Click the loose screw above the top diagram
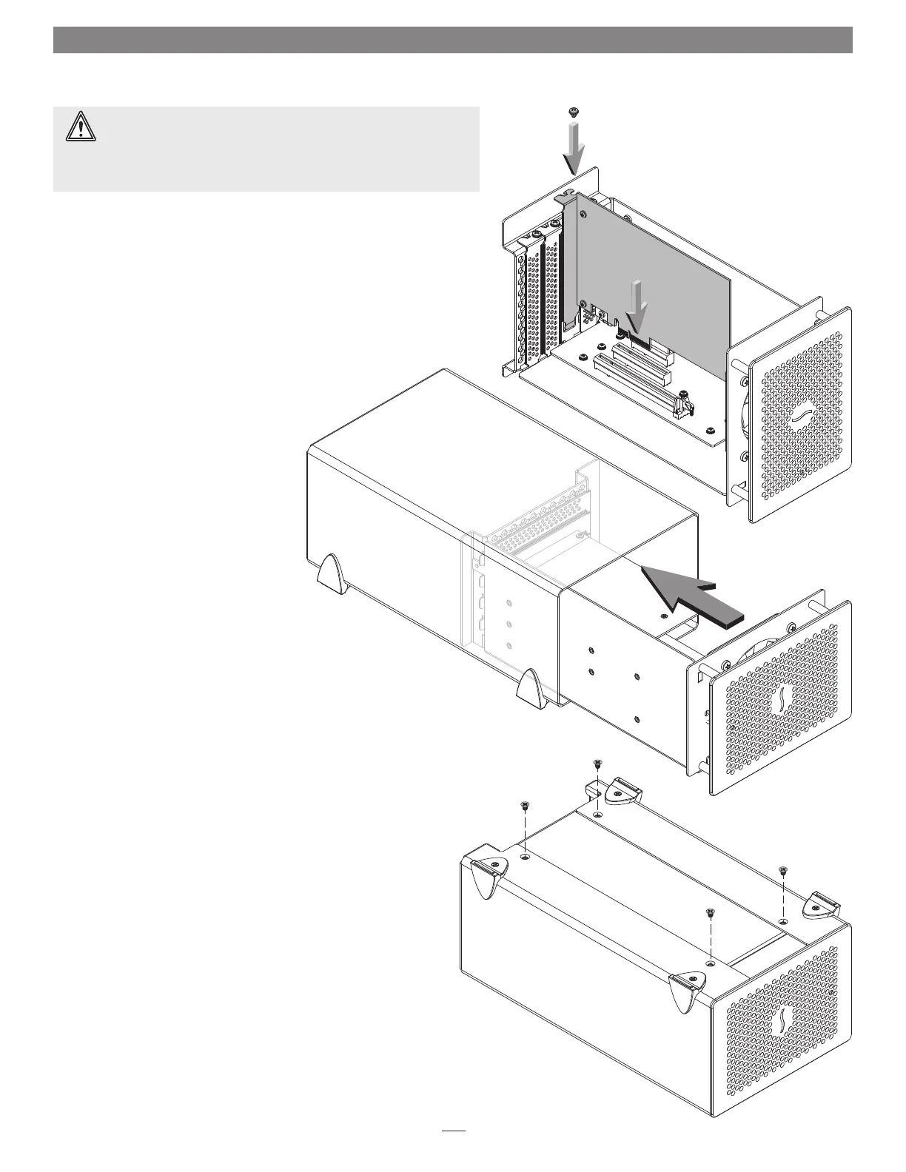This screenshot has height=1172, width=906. pyautogui.click(x=572, y=112)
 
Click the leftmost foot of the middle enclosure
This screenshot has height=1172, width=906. pyautogui.click(x=332, y=573)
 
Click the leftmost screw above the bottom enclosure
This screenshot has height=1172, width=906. pyautogui.click(x=524, y=805)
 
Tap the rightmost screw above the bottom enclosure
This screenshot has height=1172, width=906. pyautogui.click(x=784, y=870)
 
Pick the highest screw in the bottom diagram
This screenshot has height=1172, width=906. pyautogui.click(x=597, y=764)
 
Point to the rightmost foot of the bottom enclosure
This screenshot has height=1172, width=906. pyautogui.click(x=823, y=903)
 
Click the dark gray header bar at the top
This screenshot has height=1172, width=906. pyautogui.click(x=452, y=40)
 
